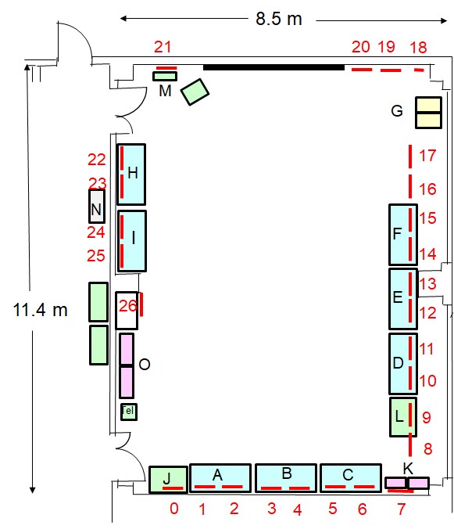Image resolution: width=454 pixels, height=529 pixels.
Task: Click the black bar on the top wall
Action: tap(273, 67)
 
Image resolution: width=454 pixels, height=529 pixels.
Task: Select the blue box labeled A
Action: tap(220, 478)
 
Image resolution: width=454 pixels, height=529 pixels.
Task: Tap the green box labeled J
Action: tap(169, 480)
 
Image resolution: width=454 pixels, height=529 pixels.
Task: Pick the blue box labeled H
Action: tap(131, 175)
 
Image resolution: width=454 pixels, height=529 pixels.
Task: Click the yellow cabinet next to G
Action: tap(428, 113)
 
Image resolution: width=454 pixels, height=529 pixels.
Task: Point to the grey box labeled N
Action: tap(97, 207)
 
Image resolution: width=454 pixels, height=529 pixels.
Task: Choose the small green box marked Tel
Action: tap(129, 412)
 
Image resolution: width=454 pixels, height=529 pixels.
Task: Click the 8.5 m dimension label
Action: tap(278, 19)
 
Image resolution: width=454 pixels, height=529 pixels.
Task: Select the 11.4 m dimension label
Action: tap(40, 310)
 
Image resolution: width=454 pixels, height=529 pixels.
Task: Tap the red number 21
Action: tap(163, 47)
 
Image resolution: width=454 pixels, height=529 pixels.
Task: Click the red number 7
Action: tap(401, 509)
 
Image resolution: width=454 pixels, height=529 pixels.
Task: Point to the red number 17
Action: tap(427, 156)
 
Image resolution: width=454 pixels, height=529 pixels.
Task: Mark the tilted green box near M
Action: tap(195, 92)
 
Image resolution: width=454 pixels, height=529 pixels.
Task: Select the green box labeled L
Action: tap(403, 417)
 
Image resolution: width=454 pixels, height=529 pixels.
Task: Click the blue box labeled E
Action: tap(403, 299)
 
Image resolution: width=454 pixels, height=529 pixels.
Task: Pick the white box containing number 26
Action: tap(127, 311)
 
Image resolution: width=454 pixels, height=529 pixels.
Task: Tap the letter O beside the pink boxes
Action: tap(145, 365)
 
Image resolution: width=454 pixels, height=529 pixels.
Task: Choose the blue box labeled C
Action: tap(351, 478)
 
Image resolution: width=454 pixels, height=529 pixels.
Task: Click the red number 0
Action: tap(174, 509)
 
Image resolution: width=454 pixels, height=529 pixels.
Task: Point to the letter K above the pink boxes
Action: tap(408, 468)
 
